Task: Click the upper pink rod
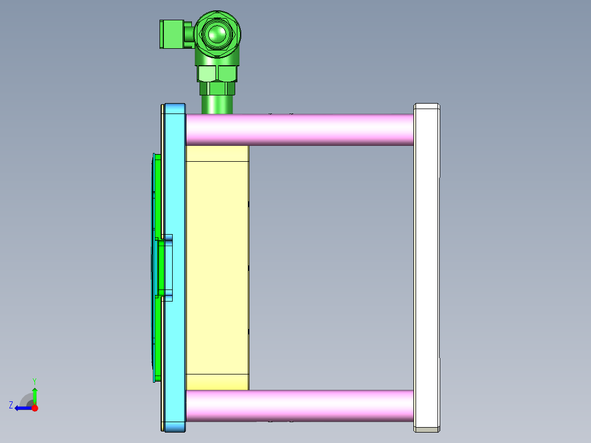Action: (299, 129)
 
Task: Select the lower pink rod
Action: (299, 406)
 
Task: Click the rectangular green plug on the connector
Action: (171, 35)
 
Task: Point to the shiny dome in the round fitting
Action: (217, 34)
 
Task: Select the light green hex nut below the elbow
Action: (217, 73)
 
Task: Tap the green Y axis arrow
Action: (35, 395)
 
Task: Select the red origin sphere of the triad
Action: (35, 408)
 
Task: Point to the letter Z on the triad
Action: (11, 405)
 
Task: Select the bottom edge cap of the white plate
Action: (427, 429)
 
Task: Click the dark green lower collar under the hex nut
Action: (217, 88)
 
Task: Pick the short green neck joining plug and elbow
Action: (189, 35)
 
